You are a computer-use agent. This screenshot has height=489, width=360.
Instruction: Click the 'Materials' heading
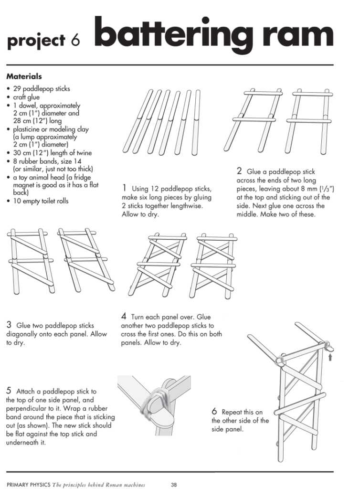tap(24, 76)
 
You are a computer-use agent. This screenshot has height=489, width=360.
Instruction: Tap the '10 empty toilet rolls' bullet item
tap(41, 201)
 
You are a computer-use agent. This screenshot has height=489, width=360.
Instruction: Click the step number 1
tap(124, 188)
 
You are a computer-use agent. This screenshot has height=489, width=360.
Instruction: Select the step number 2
tap(239, 170)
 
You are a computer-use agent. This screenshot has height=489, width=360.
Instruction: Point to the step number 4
tap(124, 316)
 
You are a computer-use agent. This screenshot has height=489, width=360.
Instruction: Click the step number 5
tap(9, 390)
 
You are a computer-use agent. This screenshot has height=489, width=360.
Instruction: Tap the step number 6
tap(214, 411)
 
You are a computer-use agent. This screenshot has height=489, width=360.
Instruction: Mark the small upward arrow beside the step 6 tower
tap(329, 356)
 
